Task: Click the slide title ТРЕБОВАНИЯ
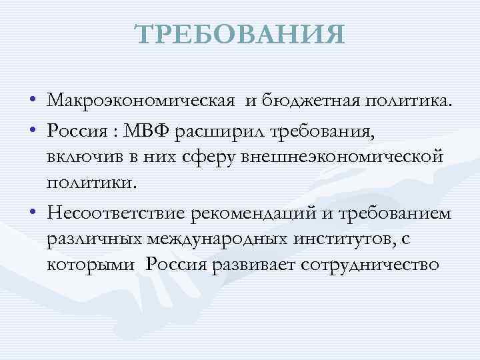click(240, 35)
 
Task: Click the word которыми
click(89, 266)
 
